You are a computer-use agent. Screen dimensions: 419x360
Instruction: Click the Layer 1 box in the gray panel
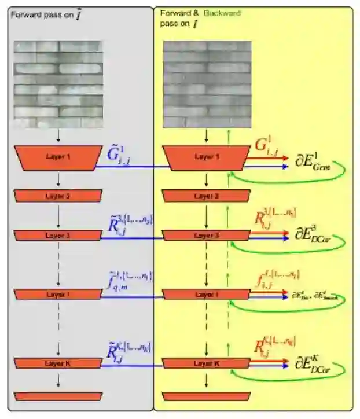coord(58,157)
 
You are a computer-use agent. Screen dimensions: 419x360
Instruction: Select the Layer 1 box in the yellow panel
coord(207,157)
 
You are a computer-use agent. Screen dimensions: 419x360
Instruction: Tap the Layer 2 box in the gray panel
coord(58,196)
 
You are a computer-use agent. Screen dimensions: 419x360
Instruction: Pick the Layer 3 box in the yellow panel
coord(207,236)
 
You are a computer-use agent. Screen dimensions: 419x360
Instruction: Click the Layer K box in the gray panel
coord(58,363)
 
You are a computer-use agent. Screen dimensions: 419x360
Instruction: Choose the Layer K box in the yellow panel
coord(207,363)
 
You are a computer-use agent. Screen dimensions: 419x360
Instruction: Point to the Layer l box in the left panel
coord(58,294)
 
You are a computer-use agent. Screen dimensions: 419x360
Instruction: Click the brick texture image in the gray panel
coord(58,84)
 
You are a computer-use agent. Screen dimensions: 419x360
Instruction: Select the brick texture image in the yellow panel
coord(207,84)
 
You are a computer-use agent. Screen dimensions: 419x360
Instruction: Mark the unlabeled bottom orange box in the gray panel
coord(58,396)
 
